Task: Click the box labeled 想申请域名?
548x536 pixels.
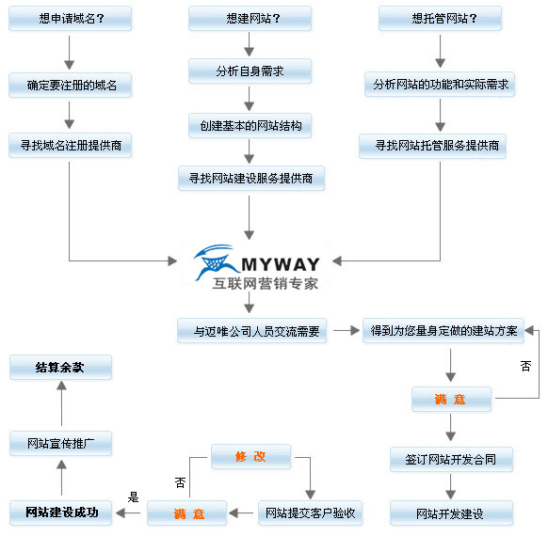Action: [x=71, y=19]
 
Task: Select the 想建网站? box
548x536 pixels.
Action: [x=250, y=19]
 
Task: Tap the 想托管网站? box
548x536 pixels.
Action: [x=441, y=19]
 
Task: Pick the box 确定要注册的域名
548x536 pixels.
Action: [x=71, y=86]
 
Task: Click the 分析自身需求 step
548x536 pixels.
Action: [x=250, y=71]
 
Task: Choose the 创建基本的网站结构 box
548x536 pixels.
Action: [x=250, y=126]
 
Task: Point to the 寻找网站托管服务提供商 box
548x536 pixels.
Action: [x=433, y=146]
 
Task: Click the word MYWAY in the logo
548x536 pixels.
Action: [x=281, y=264]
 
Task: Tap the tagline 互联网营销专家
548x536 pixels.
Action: [x=266, y=283]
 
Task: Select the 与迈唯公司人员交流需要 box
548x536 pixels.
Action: [x=252, y=331]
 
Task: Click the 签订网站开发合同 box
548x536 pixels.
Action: [x=452, y=459]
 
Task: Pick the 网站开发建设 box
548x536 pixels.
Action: [x=452, y=513]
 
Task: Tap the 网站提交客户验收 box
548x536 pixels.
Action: [x=311, y=513]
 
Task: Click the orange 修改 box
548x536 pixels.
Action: [x=251, y=456]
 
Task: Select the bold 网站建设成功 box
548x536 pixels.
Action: [x=61, y=513]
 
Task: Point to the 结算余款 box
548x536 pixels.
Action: [x=61, y=367]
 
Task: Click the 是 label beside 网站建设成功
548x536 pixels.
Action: [x=133, y=497]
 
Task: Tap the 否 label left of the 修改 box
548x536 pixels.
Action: [x=181, y=482]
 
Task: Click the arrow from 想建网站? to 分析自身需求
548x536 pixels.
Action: [x=250, y=44]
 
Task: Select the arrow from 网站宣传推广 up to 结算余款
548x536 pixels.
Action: [x=61, y=403]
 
